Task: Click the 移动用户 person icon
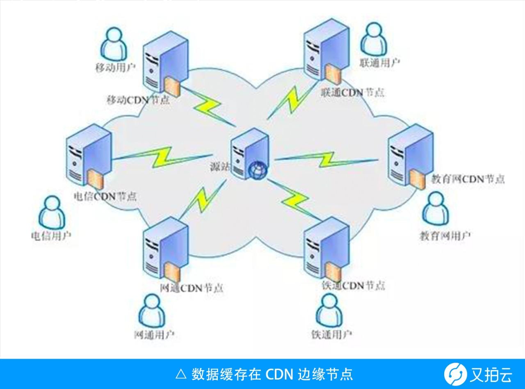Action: [114, 44]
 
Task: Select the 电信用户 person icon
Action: [52, 212]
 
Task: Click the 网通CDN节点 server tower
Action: [164, 250]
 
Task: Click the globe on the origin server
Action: [258, 170]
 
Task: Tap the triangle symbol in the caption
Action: [180, 374]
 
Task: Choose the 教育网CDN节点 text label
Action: [468, 179]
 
